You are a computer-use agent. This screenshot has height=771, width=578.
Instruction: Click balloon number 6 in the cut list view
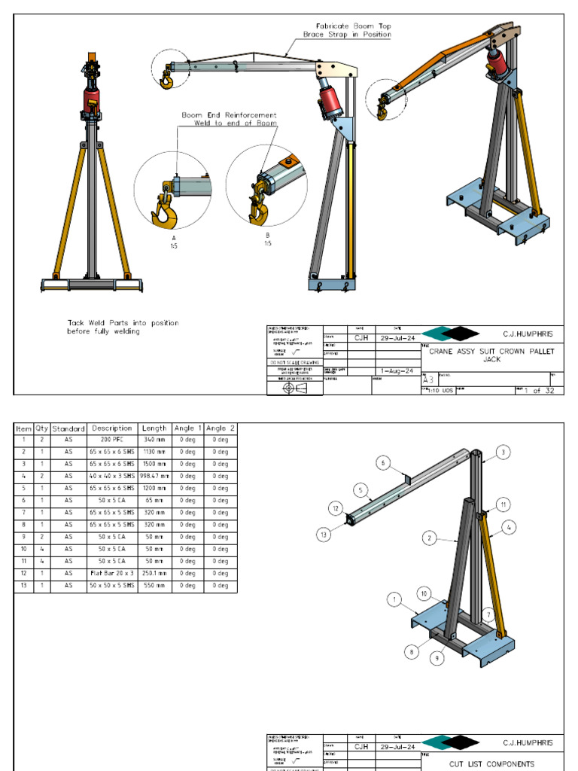coord(384,464)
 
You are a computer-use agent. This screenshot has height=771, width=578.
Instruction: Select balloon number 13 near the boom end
coord(324,535)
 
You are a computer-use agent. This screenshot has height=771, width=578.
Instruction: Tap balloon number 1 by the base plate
coord(392,599)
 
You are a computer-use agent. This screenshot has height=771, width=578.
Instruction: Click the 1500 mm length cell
coord(154,464)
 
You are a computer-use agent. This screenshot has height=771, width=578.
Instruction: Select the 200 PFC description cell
coord(112,440)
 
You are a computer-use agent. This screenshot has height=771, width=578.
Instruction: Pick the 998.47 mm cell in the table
coord(154,476)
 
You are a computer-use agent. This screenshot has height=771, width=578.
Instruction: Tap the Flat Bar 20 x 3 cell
coord(112,573)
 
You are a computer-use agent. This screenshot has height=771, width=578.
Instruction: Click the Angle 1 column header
coord(187,428)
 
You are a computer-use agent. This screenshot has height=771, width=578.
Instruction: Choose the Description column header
coord(112,428)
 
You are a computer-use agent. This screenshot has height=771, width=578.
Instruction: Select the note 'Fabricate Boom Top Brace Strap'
coord(347,30)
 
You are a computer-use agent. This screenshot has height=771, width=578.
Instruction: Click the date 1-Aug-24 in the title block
coord(396,370)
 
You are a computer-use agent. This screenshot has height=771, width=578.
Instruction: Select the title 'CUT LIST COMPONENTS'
coord(492,763)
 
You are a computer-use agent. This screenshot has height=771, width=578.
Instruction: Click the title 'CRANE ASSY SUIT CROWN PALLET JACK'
coord(491,355)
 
